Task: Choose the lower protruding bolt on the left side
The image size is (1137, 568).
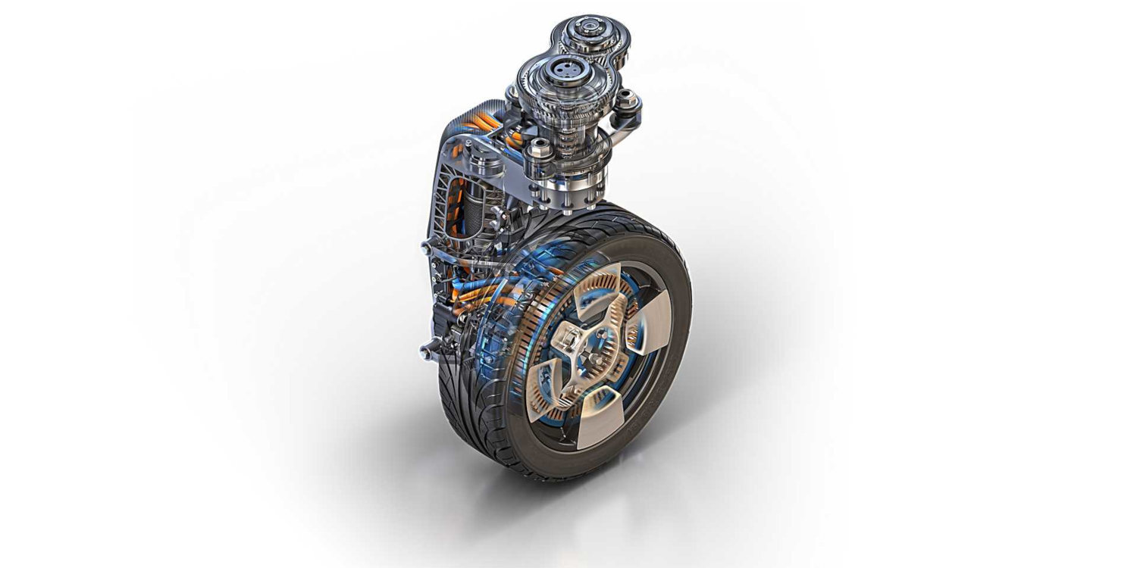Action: point(430,348)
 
